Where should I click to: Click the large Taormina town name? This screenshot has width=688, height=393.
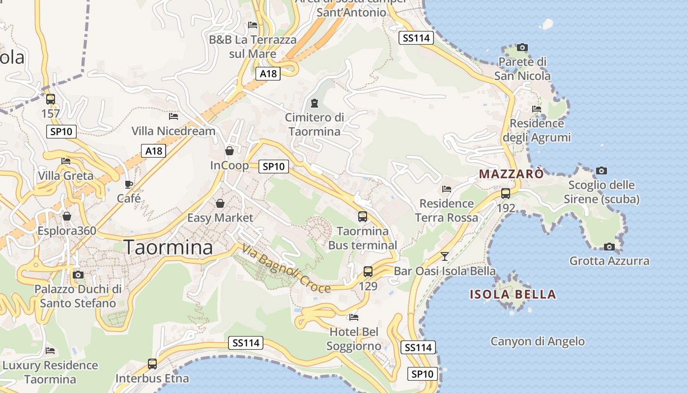point(169,247)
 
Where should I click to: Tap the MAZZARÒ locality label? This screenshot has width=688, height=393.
point(512,174)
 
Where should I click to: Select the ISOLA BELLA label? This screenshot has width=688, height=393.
point(513,295)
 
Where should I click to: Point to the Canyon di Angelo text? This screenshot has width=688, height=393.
point(538,341)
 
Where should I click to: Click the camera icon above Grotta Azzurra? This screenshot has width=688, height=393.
point(609,247)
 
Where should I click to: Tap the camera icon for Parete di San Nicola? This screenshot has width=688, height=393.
point(522,48)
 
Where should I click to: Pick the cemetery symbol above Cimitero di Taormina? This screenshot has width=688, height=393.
point(314,103)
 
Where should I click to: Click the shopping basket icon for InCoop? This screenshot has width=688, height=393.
point(229,150)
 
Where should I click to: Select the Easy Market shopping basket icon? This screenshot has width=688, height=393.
point(220,203)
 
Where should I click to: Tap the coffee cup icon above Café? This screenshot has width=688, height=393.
point(129,184)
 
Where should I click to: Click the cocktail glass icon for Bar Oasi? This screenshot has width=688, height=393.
point(445,256)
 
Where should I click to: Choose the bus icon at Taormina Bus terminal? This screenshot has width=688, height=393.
point(363,216)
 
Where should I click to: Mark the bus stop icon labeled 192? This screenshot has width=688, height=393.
point(506,194)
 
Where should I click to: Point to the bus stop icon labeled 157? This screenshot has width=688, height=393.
point(51,99)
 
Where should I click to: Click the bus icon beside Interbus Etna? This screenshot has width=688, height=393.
point(152,364)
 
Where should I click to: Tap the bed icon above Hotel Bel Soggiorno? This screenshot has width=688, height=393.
point(354,317)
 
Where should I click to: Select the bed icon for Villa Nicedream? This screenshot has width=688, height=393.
point(173,116)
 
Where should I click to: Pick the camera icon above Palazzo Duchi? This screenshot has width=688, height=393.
point(78,275)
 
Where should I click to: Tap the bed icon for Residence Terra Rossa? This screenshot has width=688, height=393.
point(447,189)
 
